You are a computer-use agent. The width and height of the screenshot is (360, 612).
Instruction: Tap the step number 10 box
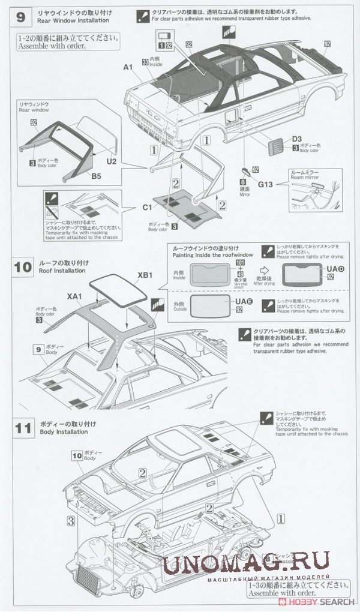pos(23,267)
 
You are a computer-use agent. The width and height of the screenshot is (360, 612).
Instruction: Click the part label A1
pos(127,67)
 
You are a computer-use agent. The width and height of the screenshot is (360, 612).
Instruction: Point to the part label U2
pos(111,161)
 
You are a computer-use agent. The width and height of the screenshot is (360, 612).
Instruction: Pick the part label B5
pos(96,176)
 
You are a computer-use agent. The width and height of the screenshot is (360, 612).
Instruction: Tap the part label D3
pos(297,139)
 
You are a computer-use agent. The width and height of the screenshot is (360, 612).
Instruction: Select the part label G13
pos(266,184)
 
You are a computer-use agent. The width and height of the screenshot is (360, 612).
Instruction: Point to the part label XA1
pos(74,296)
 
